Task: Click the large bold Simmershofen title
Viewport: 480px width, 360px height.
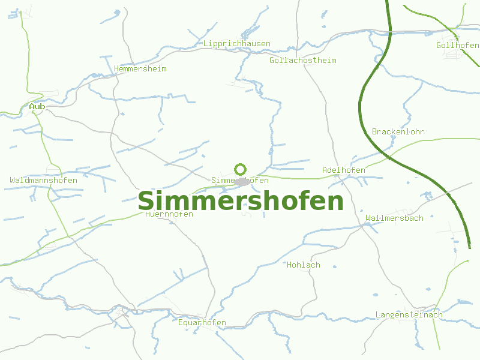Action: tap(241, 201)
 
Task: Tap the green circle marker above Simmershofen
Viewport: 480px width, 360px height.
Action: tap(241, 169)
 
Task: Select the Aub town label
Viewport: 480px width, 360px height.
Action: tap(37, 107)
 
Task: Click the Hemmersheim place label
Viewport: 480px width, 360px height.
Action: tap(140, 69)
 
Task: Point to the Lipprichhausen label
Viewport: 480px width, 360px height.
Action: tap(237, 44)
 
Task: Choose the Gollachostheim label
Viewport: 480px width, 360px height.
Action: tap(303, 61)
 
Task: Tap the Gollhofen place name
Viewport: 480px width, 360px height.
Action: tap(457, 46)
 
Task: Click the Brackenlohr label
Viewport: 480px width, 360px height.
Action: tap(398, 131)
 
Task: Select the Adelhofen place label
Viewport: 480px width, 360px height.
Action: tap(344, 170)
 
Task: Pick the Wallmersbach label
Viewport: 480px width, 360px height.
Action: tap(394, 218)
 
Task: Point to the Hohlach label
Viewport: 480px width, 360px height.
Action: tap(304, 265)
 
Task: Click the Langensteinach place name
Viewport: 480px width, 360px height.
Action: tap(409, 315)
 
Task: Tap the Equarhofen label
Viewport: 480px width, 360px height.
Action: tap(202, 323)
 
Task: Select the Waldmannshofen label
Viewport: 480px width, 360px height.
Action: tap(44, 181)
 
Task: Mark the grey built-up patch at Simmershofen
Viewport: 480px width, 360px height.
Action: tap(242, 181)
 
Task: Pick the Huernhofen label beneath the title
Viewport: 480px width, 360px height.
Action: tap(169, 214)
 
